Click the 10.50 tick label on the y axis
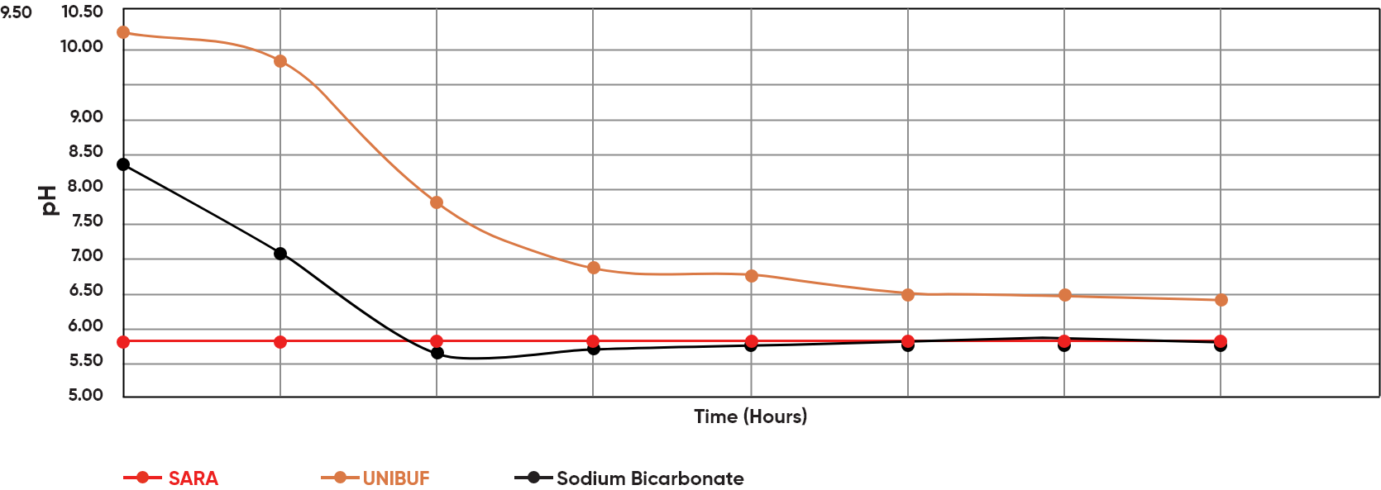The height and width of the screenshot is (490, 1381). pyautogui.click(x=82, y=12)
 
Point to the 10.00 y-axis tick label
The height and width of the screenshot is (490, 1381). pyautogui.click(x=82, y=47)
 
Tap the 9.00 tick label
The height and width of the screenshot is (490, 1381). pyautogui.click(x=86, y=117)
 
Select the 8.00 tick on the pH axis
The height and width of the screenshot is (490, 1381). pyautogui.click(x=86, y=187)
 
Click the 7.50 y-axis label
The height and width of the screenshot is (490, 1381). pyautogui.click(x=86, y=221)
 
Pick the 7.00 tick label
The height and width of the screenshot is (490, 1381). pyautogui.click(x=86, y=256)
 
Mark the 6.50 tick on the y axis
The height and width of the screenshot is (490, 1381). pyautogui.click(x=86, y=291)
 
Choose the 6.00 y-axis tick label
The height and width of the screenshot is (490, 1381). pyautogui.click(x=86, y=326)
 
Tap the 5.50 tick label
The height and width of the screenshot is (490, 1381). pyautogui.click(x=86, y=361)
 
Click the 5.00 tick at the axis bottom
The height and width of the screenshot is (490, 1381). pyautogui.click(x=86, y=396)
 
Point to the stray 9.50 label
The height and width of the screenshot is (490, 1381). pyautogui.click(x=16, y=12)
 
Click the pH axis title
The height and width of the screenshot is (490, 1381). pyautogui.click(x=50, y=200)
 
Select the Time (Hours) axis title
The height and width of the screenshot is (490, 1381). pyautogui.click(x=750, y=416)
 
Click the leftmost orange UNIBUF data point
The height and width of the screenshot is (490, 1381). pyautogui.click(x=123, y=32)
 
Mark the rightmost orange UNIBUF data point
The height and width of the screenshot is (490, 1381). pyautogui.click(x=1221, y=300)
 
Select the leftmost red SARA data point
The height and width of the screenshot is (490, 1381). pyautogui.click(x=123, y=341)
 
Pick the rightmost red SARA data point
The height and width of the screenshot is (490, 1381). pyautogui.click(x=1221, y=341)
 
